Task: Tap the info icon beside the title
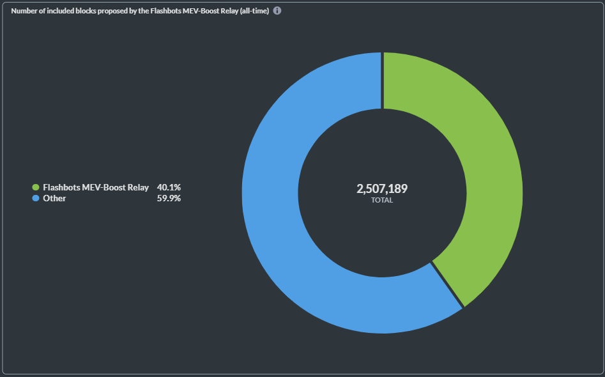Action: tap(277, 11)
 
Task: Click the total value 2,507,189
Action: tap(382, 188)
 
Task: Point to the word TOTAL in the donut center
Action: tap(382, 200)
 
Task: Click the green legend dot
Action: tap(36, 187)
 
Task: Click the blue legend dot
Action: tap(36, 198)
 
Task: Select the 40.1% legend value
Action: tap(169, 187)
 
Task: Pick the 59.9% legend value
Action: tap(169, 198)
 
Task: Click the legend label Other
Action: tap(54, 198)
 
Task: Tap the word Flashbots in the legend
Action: tap(61, 187)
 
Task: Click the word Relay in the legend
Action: tap(138, 187)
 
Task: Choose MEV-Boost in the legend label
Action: tap(104, 187)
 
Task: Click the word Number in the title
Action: tap(24, 11)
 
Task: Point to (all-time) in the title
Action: tap(254, 11)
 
